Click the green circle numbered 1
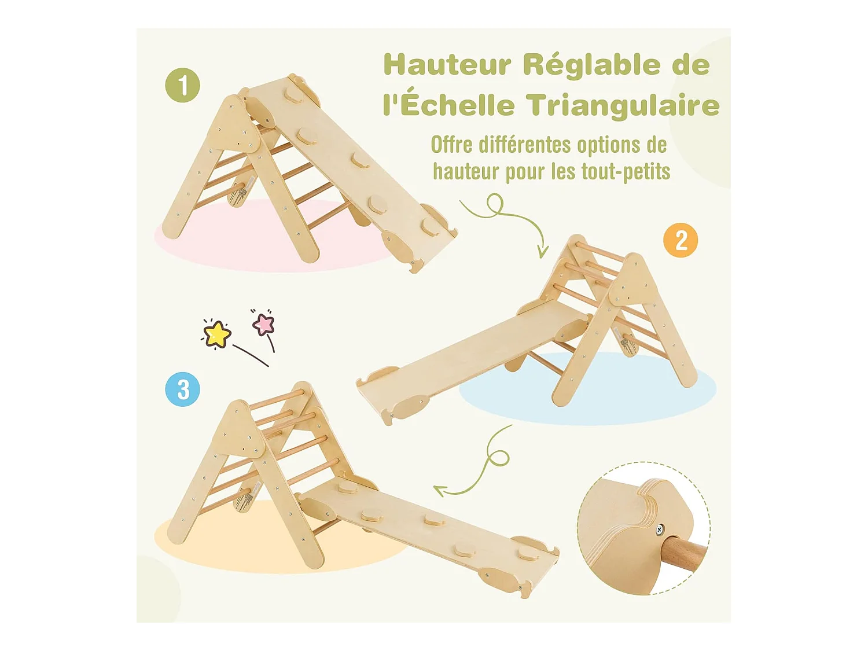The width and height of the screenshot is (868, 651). [182, 85]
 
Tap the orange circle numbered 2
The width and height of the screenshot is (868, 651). [681, 240]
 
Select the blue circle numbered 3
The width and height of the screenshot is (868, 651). [182, 389]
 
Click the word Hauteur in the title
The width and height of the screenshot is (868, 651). [447, 65]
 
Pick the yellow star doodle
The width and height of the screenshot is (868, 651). [216, 334]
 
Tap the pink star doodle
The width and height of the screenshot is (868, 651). [263, 323]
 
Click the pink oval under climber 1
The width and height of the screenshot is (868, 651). [273, 236]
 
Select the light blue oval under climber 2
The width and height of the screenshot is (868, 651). [587, 388]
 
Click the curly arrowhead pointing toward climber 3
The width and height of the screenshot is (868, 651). [440, 491]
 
